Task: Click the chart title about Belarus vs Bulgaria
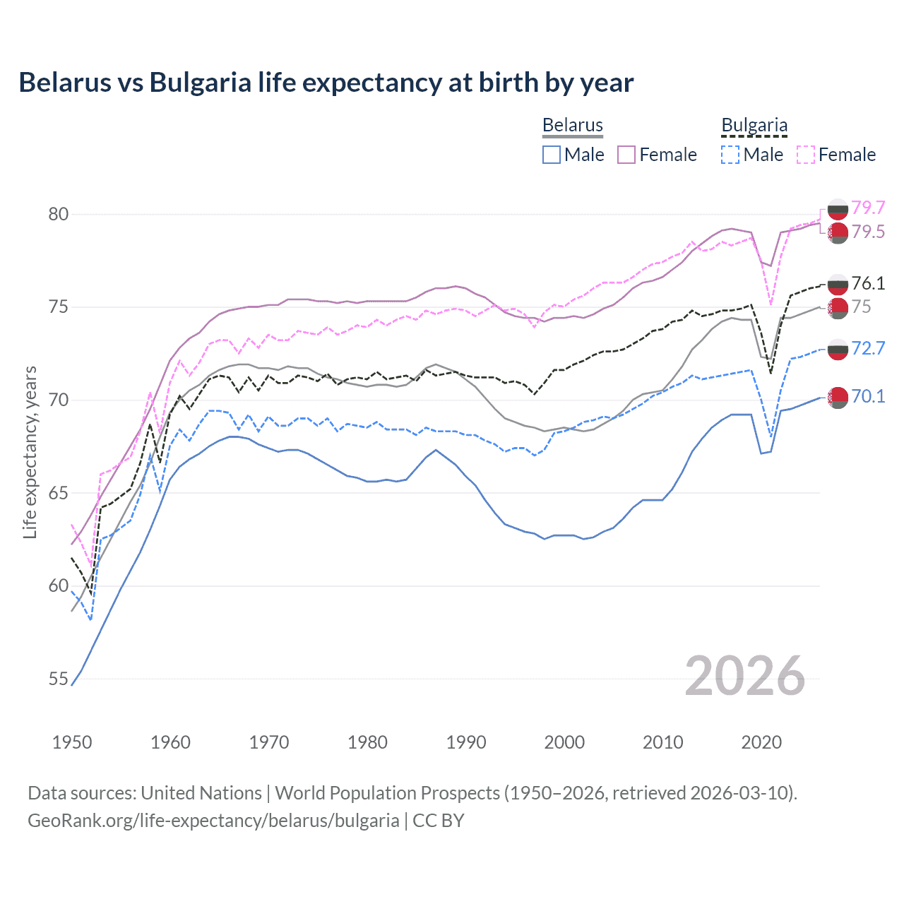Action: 326,83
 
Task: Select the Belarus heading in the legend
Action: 572,126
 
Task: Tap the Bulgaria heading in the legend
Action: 754,126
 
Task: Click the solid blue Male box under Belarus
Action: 552,155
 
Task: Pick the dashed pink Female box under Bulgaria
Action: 806,155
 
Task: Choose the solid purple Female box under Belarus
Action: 626,155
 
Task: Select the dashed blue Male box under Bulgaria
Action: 730,155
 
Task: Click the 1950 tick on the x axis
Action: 72,742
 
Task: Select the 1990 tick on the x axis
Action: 466,742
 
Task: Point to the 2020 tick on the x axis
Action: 761,742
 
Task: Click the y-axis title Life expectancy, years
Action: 30,452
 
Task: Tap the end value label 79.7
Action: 868,208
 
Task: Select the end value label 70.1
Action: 868,396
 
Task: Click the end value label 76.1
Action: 868,283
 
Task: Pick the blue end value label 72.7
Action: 868,348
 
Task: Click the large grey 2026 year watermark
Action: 744,676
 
